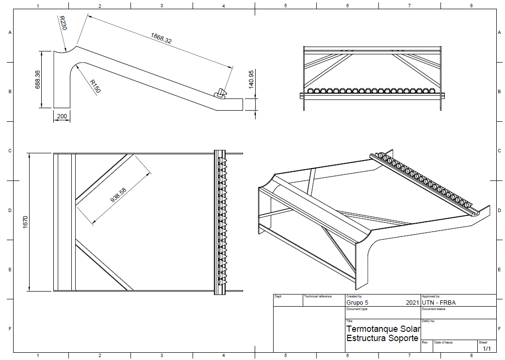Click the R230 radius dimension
click(63, 23)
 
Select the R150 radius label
click(96, 86)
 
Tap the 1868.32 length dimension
click(162, 38)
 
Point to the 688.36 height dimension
click(38, 80)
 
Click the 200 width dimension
click(62, 116)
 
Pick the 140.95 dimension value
click(251, 79)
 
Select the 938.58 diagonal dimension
click(118, 195)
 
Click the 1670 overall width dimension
click(25, 222)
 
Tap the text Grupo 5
click(357, 303)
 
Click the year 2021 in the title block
click(412, 303)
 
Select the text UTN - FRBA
click(439, 303)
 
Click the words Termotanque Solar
click(383, 329)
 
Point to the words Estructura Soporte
click(382, 338)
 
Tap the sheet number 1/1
click(487, 349)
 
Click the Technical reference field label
click(318, 296)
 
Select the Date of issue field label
click(443, 342)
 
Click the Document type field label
click(357, 309)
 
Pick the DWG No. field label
click(428, 321)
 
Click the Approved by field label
click(431, 296)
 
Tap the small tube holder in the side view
click(221, 93)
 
